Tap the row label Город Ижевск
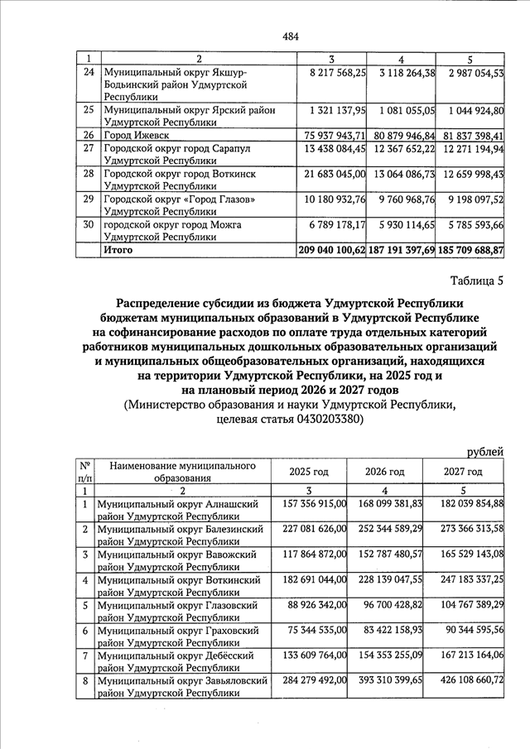[x=132, y=134]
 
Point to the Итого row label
[x=118, y=248]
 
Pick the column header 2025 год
[x=308, y=472]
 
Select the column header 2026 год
[x=384, y=472]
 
